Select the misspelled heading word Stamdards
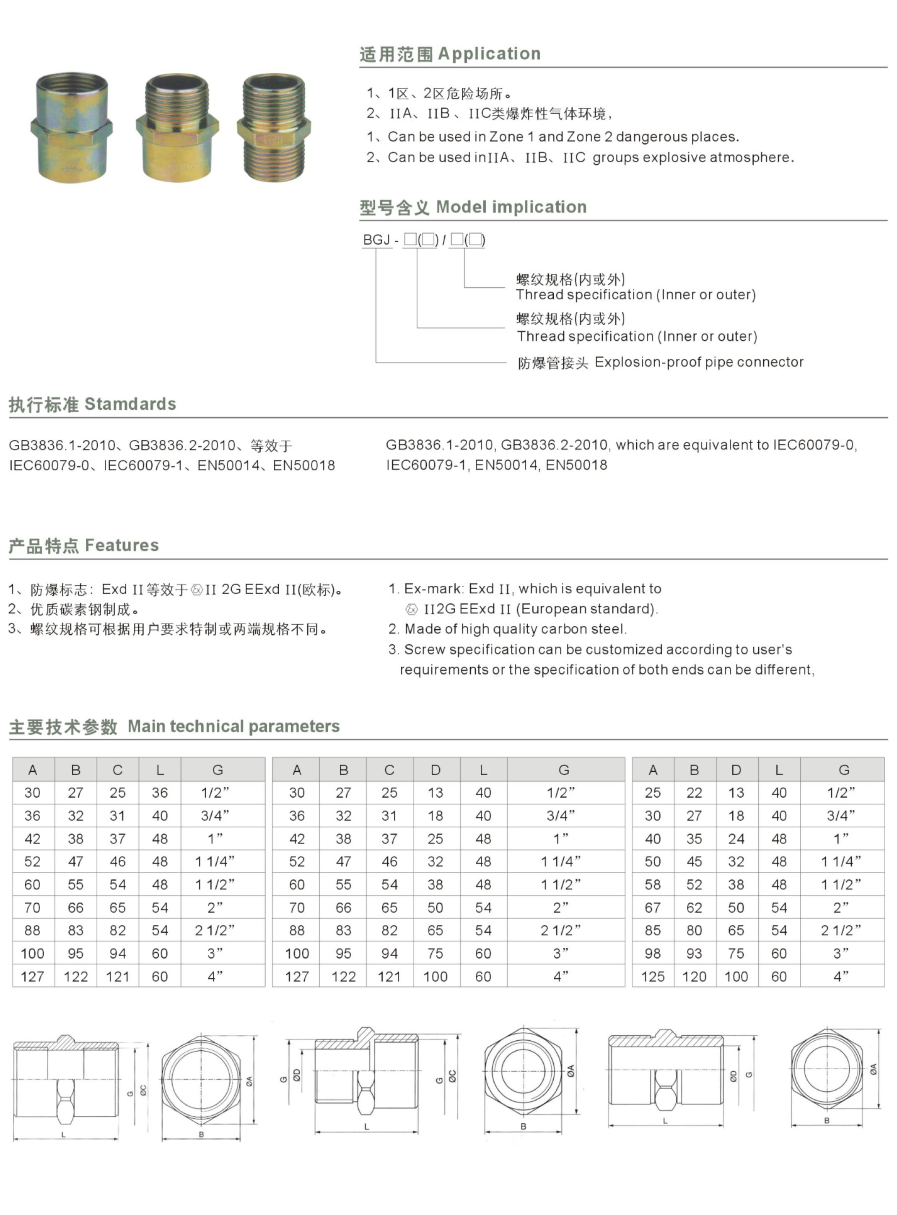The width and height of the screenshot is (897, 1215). coord(130,404)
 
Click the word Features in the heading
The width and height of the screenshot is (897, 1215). coord(122,545)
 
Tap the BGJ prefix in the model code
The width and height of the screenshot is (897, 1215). coord(376,240)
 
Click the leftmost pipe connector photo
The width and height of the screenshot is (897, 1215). coord(71,128)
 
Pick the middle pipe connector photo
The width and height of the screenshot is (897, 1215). coord(177,128)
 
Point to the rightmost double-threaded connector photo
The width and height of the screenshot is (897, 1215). coord(274,128)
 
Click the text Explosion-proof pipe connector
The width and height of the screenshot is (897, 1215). coord(699,362)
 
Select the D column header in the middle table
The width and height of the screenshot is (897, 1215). coord(436,770)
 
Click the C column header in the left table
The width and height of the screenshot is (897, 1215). coord(117,770)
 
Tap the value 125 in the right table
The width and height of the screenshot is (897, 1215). coord(653,977)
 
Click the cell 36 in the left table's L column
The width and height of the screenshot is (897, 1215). coord(160,793)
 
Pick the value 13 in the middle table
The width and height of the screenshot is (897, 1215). coord(436,793)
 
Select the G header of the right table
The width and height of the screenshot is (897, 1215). coord(843,770)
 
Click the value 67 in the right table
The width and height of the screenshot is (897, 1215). coord(653,908)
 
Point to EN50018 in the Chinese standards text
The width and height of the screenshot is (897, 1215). coord(304,465)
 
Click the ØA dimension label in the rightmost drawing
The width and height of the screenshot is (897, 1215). coord(873,1070)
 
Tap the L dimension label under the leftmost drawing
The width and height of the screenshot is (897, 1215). coord(64,1135)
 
